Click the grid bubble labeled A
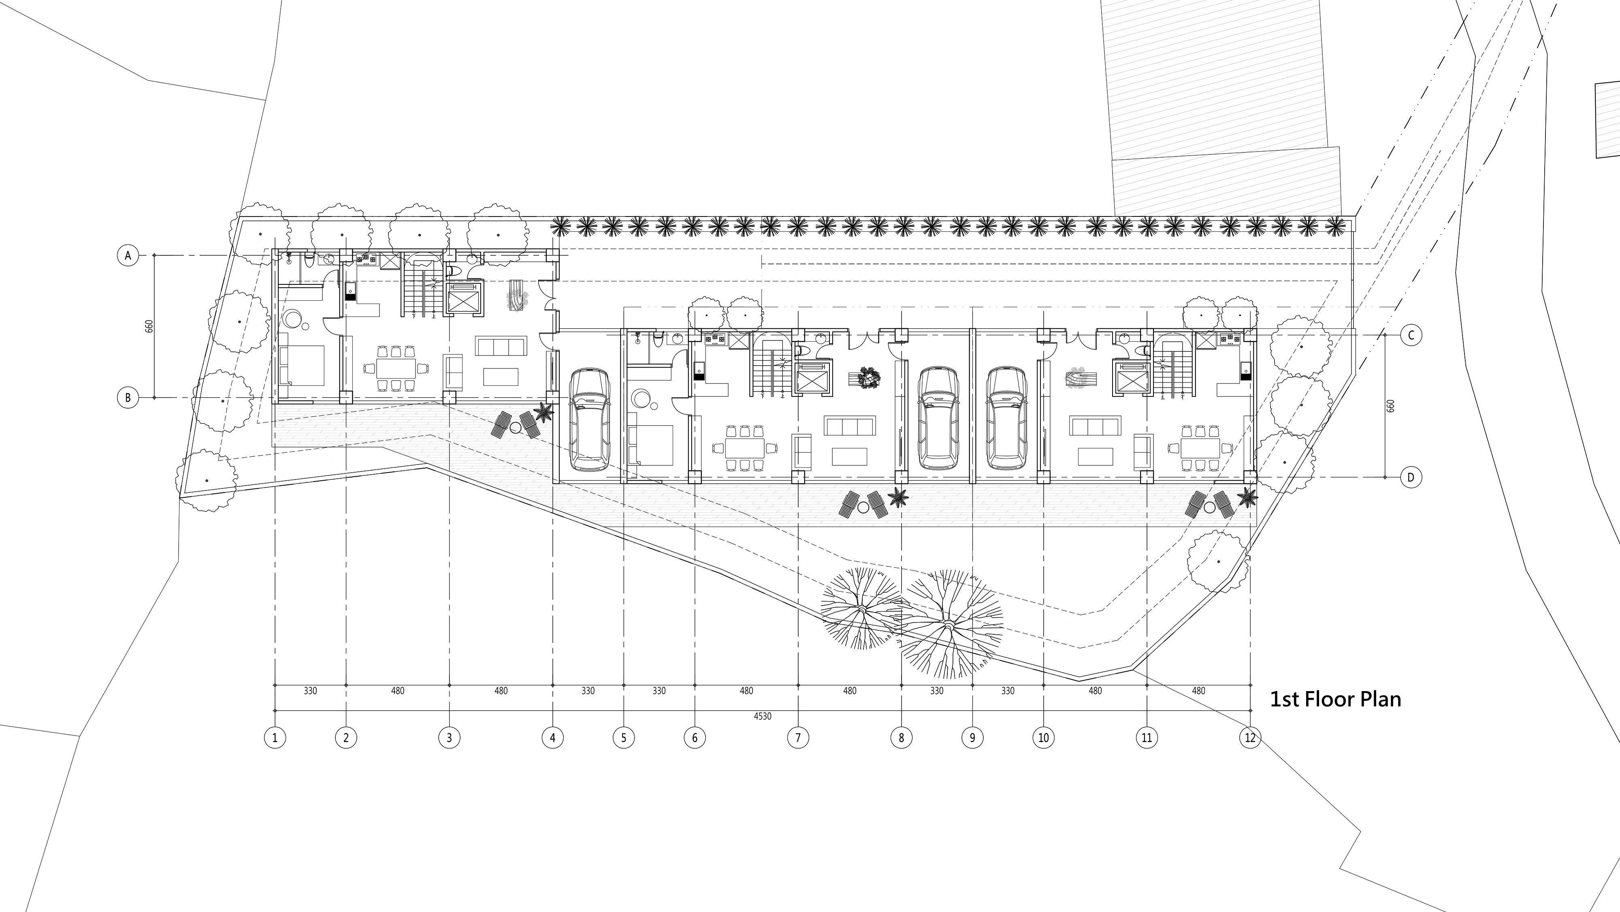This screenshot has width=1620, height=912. point(128,255)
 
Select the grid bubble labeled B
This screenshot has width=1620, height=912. point(128,398)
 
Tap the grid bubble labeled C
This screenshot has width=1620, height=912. point(1411,336)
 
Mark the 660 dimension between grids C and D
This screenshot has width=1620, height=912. point(1390,406)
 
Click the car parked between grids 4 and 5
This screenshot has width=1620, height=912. point(589,420)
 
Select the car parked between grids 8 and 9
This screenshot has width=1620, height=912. point(938,417)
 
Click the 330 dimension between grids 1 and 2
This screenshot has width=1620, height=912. point(311,691)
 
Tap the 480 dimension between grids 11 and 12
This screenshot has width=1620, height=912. point(1199,691)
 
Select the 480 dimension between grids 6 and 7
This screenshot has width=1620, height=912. point(746,691)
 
